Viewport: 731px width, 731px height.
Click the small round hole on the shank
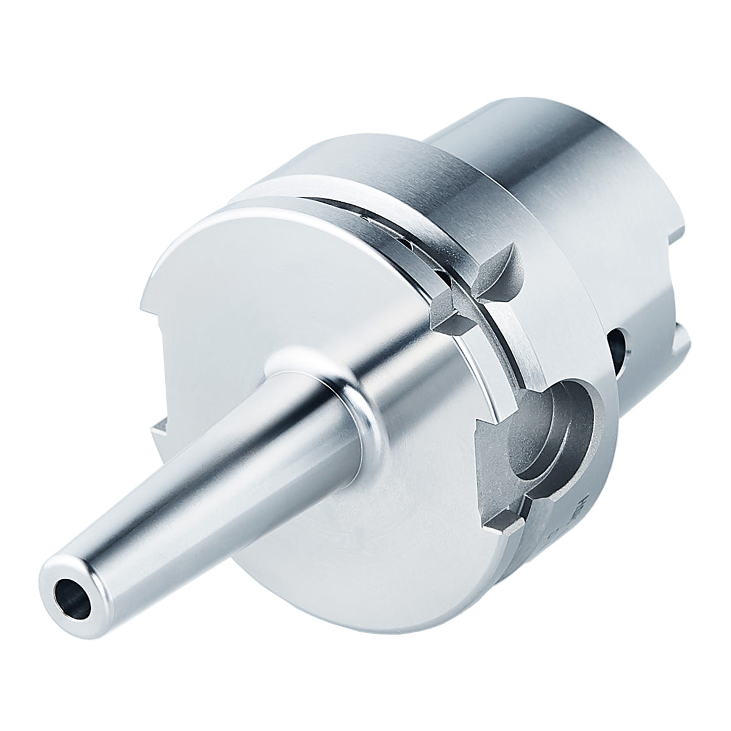pos(620,347)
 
